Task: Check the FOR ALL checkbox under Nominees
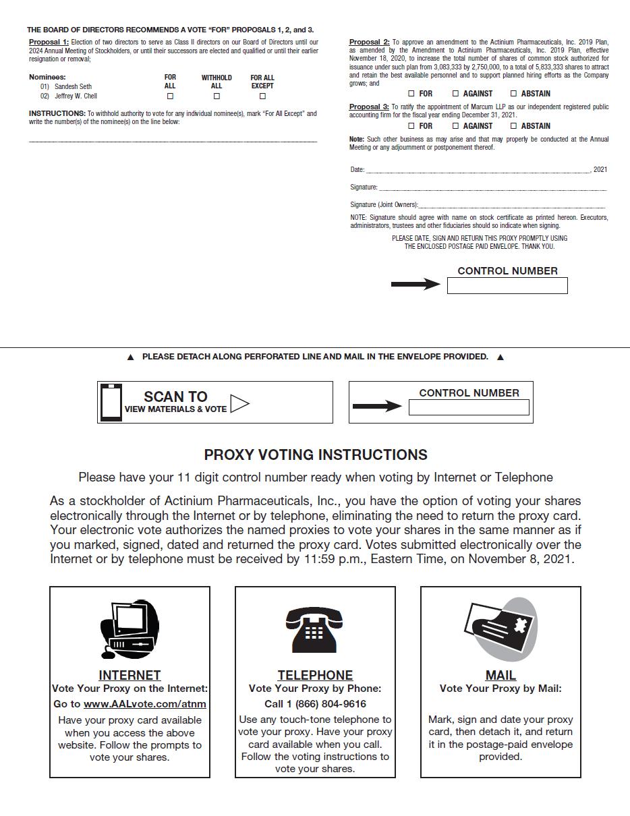[170, 96]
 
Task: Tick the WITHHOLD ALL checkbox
[217, 96]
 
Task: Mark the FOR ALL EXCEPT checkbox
[262, 96]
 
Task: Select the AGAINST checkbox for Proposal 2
[455, 94]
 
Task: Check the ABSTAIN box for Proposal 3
[513, 126]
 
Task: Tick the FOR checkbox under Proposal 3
[411, 126]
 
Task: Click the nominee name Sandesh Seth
[73, 87]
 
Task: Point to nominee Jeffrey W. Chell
[76, 96]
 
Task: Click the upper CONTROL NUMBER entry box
[507, 286]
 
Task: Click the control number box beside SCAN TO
[469, 407]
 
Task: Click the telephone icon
[314, 629]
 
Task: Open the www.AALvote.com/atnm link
[144, 704]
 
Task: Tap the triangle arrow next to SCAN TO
[239, 403]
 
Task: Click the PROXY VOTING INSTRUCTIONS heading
[316, 455]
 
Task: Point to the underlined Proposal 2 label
[369, 42]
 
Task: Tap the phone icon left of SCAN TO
[111, 403]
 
